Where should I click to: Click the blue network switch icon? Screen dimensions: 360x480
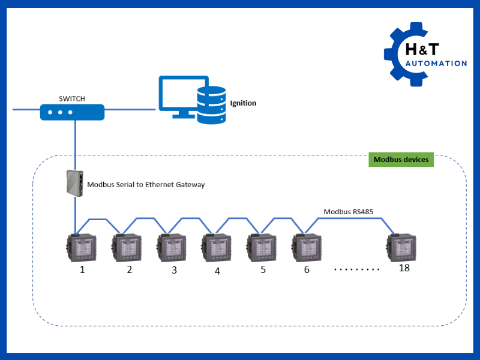point(72,112)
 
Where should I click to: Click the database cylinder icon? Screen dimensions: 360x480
point(211,105)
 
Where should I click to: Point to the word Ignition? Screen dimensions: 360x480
point(243,103)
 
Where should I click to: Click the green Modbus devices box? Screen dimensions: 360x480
point(400,160)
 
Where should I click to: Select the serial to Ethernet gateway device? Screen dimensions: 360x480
point(75,183)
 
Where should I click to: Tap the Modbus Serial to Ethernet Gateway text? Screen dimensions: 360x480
point(146,185)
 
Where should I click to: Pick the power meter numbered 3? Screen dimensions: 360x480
point(172,247)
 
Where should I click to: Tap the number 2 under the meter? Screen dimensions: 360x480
point(129,270)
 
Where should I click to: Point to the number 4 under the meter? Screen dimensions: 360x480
point(217,271)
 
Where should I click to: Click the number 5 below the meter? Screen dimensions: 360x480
point(263,270)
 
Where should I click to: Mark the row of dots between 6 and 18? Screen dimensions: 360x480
point(357,269)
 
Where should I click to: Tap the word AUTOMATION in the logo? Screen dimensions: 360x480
point(436,64)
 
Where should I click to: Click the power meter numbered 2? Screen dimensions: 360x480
point(127,247)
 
